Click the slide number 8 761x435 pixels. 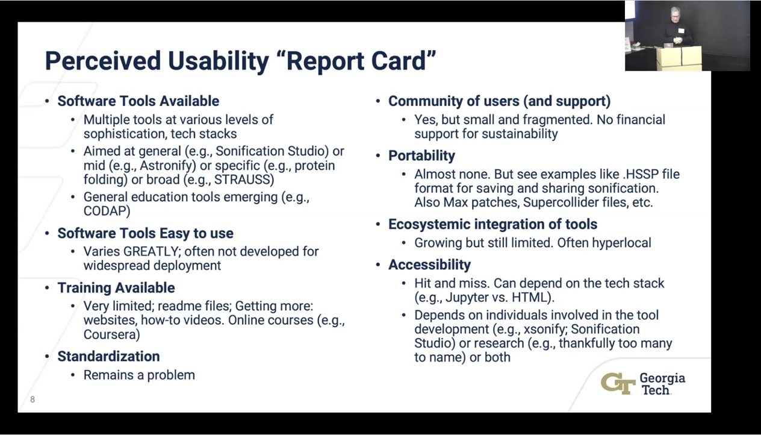[33, 399]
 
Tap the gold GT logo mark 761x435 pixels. [618, 384]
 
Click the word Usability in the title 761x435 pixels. [218, 61]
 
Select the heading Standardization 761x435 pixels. [108, 357]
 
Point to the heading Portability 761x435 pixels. [421, 156]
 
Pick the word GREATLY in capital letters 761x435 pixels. [151, 252]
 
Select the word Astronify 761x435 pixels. [166, 166]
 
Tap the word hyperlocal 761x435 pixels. [621, 243]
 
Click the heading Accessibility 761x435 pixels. [429, 264]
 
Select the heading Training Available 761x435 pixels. [116, 288]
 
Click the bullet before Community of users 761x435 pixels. [377, 101]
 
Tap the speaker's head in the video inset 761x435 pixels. [676, 14]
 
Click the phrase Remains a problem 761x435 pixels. [139, 375]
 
